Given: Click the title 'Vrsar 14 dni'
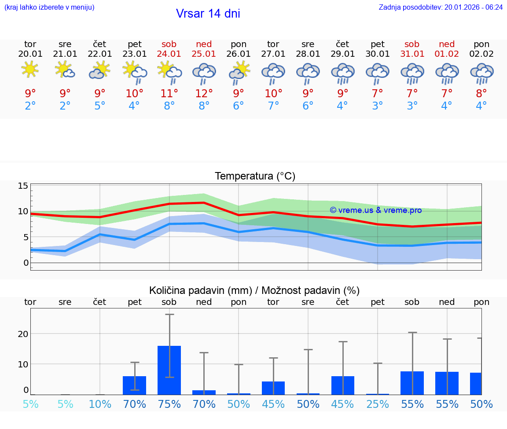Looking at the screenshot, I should click(208, 14).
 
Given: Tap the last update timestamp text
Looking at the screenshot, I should click(441, 7).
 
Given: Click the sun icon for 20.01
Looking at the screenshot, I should click(30, 70).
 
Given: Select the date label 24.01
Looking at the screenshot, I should click(169, 54).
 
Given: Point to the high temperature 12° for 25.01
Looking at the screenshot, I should click(204, 93).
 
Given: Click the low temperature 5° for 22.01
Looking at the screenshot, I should click(100, 106).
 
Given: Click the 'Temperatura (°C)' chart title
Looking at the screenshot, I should click(255, 176).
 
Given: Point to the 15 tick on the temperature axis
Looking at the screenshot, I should click(23, 186).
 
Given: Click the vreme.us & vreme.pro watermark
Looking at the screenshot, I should click(376, 210).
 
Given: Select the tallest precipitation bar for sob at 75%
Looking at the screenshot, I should click(169, 370).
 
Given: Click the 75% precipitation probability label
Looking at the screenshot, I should click(169, 404).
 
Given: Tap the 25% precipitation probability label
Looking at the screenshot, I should click(378, 404).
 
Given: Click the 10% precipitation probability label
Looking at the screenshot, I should click(100, 404).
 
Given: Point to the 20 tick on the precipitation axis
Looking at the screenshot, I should click(23, 334).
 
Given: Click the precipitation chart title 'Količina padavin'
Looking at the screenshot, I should click(254, 290).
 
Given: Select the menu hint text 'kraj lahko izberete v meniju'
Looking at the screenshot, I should click(49, 7).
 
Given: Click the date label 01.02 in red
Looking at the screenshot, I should click(447, 54).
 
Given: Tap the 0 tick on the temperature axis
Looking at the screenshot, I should click(26, 263).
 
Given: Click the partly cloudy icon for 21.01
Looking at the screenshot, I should click(65, 70).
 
